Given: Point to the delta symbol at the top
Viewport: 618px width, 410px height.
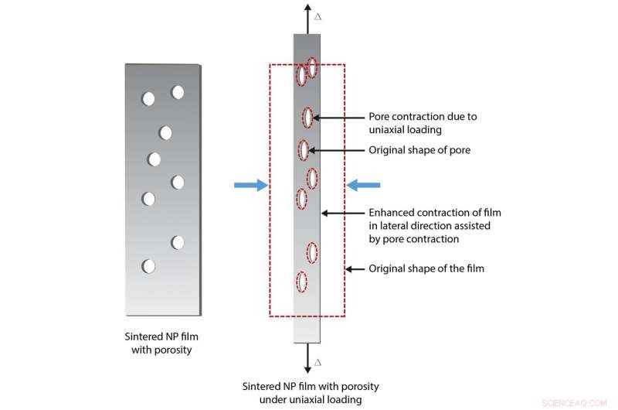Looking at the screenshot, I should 317,15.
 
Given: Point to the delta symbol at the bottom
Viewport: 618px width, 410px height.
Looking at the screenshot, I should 317,361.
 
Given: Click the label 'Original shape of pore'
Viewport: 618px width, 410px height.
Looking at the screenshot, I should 419,150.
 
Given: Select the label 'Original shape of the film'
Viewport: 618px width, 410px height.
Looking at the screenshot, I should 426,268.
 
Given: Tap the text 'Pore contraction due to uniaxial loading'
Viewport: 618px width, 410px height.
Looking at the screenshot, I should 422,123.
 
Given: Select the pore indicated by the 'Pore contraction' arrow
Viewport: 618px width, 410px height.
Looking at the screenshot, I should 307,118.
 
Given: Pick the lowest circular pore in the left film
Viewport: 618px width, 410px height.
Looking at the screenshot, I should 148,266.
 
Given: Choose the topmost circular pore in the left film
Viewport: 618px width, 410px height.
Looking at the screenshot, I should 178,92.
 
